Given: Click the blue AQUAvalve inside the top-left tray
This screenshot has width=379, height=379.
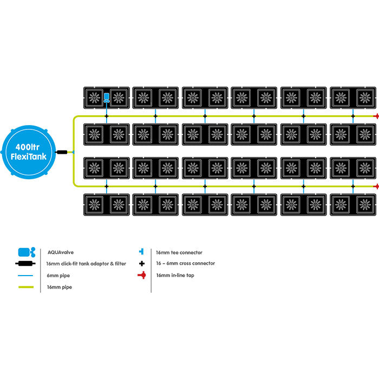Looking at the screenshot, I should pos(107,98).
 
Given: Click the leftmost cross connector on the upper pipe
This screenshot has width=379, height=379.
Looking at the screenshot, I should pos(107,116).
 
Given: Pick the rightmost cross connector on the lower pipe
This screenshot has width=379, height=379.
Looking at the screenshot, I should pos(353,186).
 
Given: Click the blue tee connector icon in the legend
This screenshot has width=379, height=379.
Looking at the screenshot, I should pos(141,252).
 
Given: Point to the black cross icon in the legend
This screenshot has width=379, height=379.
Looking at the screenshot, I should pos(141,264).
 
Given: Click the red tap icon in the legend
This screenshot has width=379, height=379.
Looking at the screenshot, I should pos(141,276).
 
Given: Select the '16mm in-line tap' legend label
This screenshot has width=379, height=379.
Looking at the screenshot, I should pos(175,276).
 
